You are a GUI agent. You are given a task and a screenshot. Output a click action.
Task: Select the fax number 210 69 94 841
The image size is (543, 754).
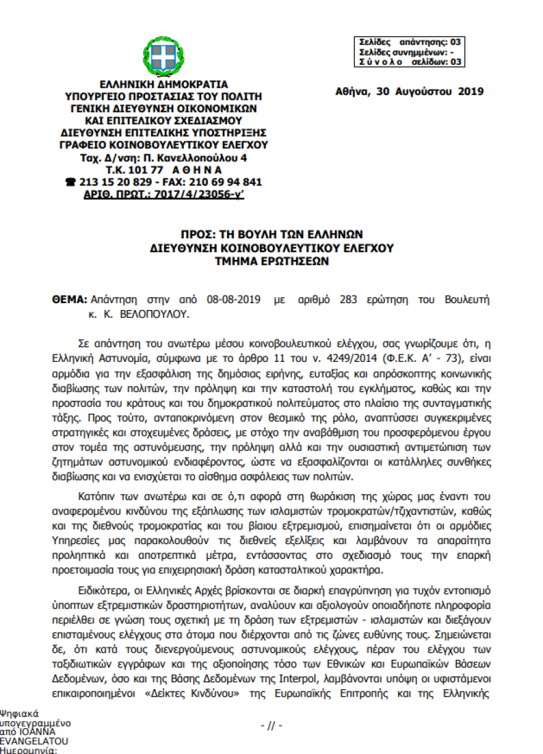(x=225, y=182)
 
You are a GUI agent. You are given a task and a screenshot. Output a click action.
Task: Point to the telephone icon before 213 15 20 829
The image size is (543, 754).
(x=70, y=182)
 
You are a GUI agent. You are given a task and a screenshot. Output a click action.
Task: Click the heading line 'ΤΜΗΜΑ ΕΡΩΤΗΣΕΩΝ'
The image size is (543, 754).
(x=271, y=261)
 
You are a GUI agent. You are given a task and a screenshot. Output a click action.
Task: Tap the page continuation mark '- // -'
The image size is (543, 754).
(x=271, y=726)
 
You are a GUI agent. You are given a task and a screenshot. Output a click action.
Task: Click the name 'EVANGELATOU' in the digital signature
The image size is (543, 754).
(x=34, y=741)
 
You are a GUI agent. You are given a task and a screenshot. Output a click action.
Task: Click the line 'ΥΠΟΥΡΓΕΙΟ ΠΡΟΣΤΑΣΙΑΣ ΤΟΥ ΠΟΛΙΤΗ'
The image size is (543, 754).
(x=164, y=96)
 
